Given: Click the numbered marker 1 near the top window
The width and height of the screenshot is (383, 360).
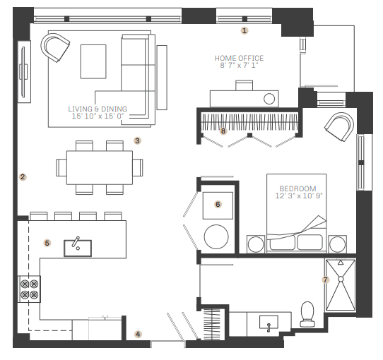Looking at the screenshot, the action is click(x=244, y=31).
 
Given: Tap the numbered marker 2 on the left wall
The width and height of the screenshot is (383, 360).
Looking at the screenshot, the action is click(x=23, y=177).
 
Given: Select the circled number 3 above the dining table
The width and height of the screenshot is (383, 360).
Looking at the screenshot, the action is click(x=137, y=140).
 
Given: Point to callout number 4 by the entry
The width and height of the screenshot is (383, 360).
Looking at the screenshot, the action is click(x=138, y=334).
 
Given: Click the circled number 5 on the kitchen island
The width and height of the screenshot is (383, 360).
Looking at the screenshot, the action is click(x=47, y=243).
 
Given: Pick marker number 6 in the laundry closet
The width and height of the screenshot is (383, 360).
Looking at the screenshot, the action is click(x=218, y=204).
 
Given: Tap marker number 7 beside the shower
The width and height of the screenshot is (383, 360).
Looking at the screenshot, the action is click(x=325, y=280).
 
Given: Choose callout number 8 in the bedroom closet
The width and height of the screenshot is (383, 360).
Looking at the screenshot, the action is click(x=223, y=131).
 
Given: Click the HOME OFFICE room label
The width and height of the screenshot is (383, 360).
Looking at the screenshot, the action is click(x=239, y=58).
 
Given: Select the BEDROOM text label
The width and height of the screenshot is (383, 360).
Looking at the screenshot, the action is click(x=297, y=188).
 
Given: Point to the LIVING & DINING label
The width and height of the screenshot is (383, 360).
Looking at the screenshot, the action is click(x=98, y=109).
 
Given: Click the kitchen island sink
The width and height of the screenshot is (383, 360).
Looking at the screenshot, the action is click(x=78, y=248).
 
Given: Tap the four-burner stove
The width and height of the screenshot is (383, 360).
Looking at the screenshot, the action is click(x=29, y=289).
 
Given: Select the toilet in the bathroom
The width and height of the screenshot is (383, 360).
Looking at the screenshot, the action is click(x=307, y=314).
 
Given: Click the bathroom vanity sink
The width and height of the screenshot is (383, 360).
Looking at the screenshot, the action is click(x=269, y=323).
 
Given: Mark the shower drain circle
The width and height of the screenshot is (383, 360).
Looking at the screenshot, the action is click(x=341, y=279).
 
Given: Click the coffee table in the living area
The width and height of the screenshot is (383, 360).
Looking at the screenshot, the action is click(x=93, y=61).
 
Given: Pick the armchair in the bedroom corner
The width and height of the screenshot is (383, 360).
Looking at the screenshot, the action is click(x=339, y=126).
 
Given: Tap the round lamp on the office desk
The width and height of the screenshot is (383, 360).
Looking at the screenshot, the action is click(x=269, y=99).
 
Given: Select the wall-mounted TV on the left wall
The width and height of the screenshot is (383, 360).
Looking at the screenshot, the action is click(x=24, y=72).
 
